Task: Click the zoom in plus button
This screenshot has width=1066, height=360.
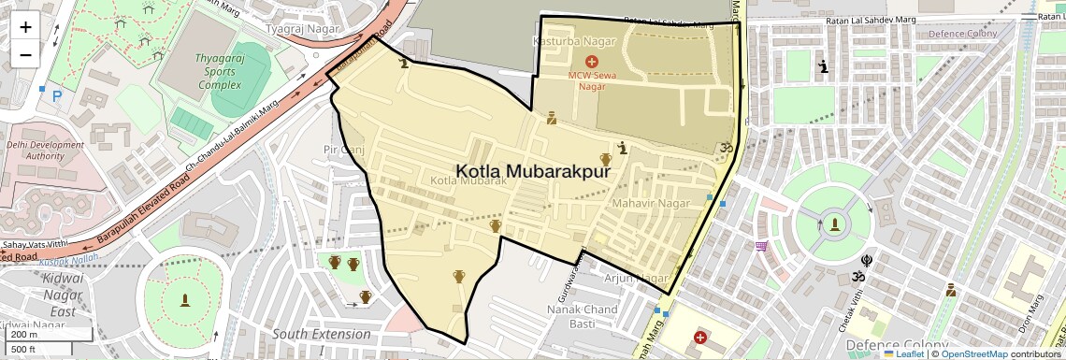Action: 25,26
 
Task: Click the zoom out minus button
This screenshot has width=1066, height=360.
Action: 25,54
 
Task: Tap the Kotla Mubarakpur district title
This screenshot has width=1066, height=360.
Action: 533,172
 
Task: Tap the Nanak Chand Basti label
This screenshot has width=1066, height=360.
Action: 582,316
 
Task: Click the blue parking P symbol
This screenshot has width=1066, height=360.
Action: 56,94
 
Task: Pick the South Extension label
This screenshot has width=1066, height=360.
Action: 321,335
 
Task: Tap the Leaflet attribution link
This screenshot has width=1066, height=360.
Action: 904,353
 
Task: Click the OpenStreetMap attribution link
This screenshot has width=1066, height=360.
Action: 973,353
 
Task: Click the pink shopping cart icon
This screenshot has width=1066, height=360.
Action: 761,247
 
